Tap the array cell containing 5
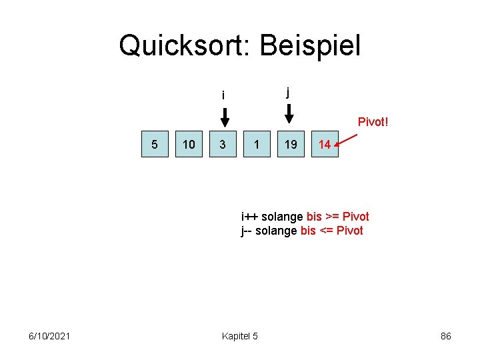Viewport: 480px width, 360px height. tap(155, 144)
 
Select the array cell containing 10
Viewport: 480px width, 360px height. tap(189, 144)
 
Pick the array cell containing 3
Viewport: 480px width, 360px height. tap(223, 144)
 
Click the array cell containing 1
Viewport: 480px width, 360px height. tap(257, 144)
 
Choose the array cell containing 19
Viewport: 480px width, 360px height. tap(291, 144)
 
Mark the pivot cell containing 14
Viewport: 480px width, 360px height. tap(325, 144)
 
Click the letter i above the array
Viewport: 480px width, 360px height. tap(223, 96)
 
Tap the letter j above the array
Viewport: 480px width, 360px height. tap(288, 92)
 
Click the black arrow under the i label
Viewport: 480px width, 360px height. tap(225, 117)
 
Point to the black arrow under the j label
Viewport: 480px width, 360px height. tap(289, 114)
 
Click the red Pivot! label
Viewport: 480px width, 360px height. tap(373, 122)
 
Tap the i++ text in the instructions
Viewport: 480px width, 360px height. tap(250, 217)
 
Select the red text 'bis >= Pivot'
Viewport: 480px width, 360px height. tap(337, 217)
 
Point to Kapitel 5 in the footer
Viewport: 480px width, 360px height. tap(239, 336)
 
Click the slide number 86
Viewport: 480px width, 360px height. tap(446, 336)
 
